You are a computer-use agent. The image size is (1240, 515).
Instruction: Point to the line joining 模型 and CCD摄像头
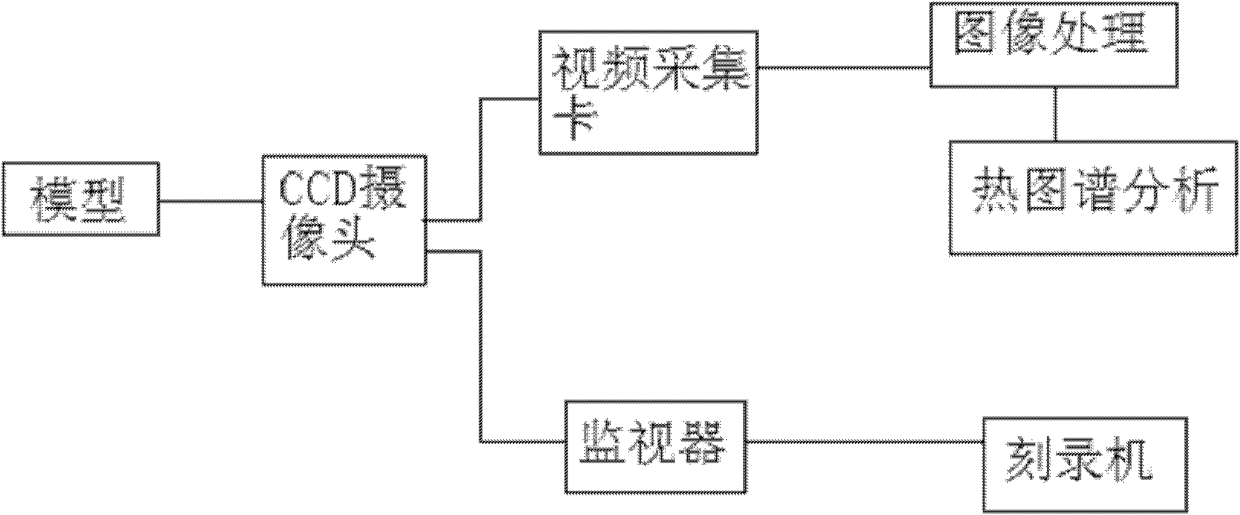click(211, 200)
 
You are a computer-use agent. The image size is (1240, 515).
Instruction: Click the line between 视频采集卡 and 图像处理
click(844, 68)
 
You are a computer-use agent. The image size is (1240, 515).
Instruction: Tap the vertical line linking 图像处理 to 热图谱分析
click(1055, 114)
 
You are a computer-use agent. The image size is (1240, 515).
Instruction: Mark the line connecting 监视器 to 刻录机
click(865, 442)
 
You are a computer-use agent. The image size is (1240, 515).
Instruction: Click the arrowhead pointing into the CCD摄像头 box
click(425, 221)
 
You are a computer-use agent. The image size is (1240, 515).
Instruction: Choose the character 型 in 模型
click(105, 199)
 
